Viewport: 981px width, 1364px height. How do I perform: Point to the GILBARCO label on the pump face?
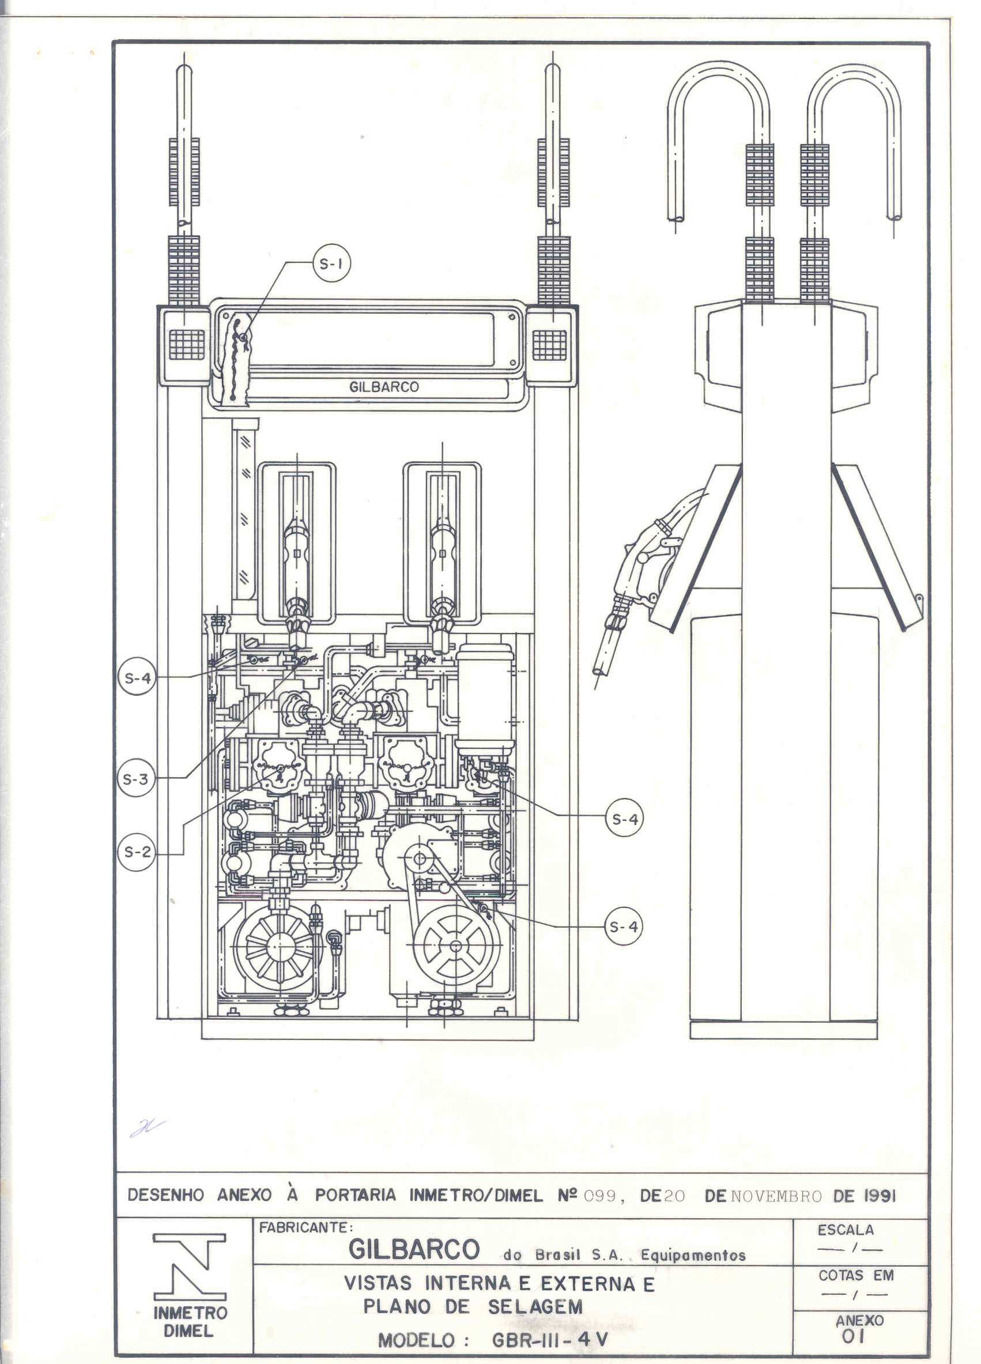click(384, 387)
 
